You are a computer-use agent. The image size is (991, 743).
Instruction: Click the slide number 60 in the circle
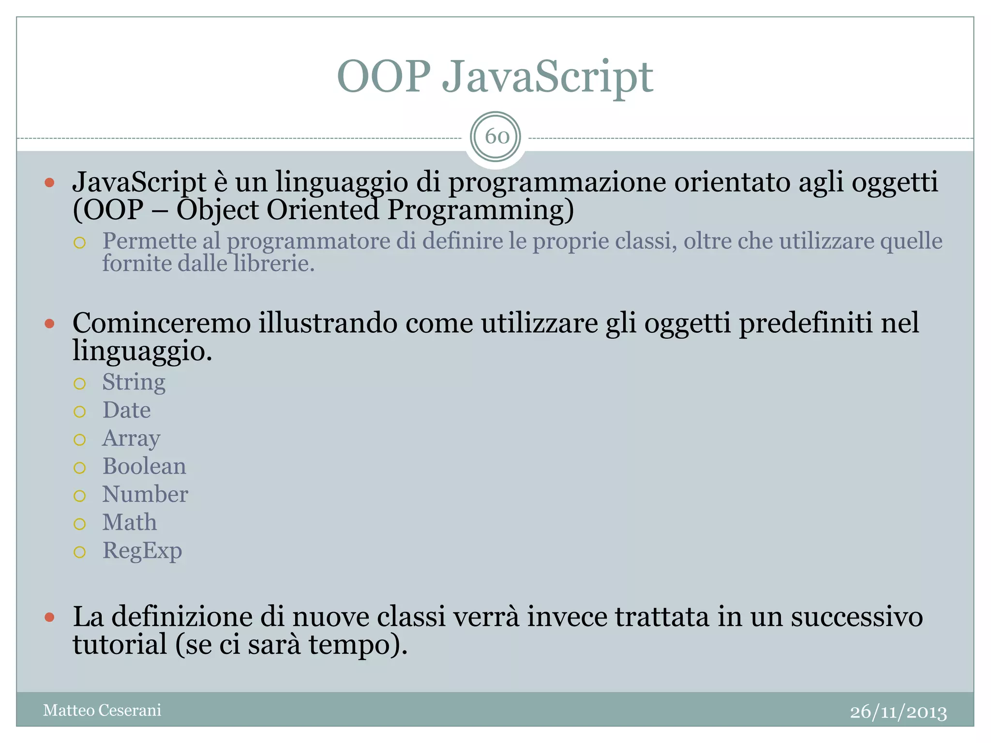(x=496, y=137)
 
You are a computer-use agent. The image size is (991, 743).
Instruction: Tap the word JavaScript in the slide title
(x=547, y=77)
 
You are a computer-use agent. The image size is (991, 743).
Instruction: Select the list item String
(x=134, y=383)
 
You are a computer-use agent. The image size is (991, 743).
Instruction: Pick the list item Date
(x=126, y=411)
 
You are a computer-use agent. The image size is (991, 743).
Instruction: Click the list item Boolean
(x=144, y=467)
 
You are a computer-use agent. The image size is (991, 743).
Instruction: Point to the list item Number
(x=145, y=495)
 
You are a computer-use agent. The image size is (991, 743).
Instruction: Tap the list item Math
(x=130, y=523)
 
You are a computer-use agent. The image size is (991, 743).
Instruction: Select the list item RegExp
(x=142, y=551)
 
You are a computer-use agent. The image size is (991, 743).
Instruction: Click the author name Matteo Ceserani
(x=102, y=710)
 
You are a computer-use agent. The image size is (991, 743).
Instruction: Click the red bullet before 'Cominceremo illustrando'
(x=49, y=324)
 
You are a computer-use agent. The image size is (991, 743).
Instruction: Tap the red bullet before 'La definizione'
(x=49, y=617)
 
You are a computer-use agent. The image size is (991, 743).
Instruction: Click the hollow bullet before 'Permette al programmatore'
(x=80, y=242)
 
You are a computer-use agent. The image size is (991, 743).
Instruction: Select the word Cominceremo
(x=162, y=323)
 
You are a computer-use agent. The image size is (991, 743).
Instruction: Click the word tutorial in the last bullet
(x=120, y=645)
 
